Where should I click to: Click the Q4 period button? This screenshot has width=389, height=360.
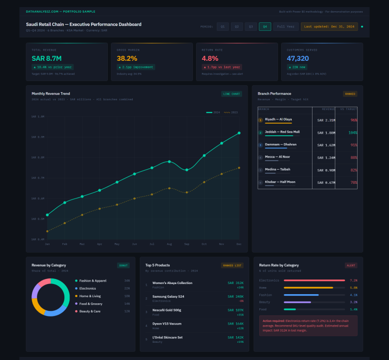pyautogui.click(x=265, y=27)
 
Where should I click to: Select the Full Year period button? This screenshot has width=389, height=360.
pyautogui.click(x=286, y=27)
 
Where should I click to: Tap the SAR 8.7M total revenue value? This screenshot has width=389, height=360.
pyautogui.click(x=47, y=59)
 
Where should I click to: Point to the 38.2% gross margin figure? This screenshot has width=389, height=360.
pyautogui.click(x=127, y=59)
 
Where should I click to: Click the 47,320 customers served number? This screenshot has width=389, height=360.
pyautogui.click(x=297, y=59)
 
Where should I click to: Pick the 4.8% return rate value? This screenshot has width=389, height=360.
pyautogui.click(x=210, y=59)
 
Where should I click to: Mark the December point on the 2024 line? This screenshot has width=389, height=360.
pyautogui.click(x=239, y=133)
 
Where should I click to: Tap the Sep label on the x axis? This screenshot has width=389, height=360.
pyautogui.click(x=186, y=244)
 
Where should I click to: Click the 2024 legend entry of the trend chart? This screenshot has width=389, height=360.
pyautogui.click(x=213, y=112)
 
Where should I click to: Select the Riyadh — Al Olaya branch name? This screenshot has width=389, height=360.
pyautogui.click(x=278, y=119)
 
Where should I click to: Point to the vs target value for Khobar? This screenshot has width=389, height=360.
pyautogui.click(x=354, y=182)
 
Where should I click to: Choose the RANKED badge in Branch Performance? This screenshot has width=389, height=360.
pyautogui.click(x=350, y=94)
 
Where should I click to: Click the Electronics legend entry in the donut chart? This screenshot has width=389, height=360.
pyautogui.click(x=87, y=288)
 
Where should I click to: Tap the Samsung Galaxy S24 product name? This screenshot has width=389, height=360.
pyautogui.click(x=168, y=296)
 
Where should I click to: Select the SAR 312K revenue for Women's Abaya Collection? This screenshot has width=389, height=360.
pyautogui.click(x=236, y=283)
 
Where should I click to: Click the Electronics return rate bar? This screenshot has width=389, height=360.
pyautogui.click(x=315, y=280)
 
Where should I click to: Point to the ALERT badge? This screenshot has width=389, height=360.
pyautogui.click(x=351, y=265)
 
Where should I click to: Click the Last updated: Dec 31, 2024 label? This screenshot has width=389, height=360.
pyautogui.click(x=329, y=27)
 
